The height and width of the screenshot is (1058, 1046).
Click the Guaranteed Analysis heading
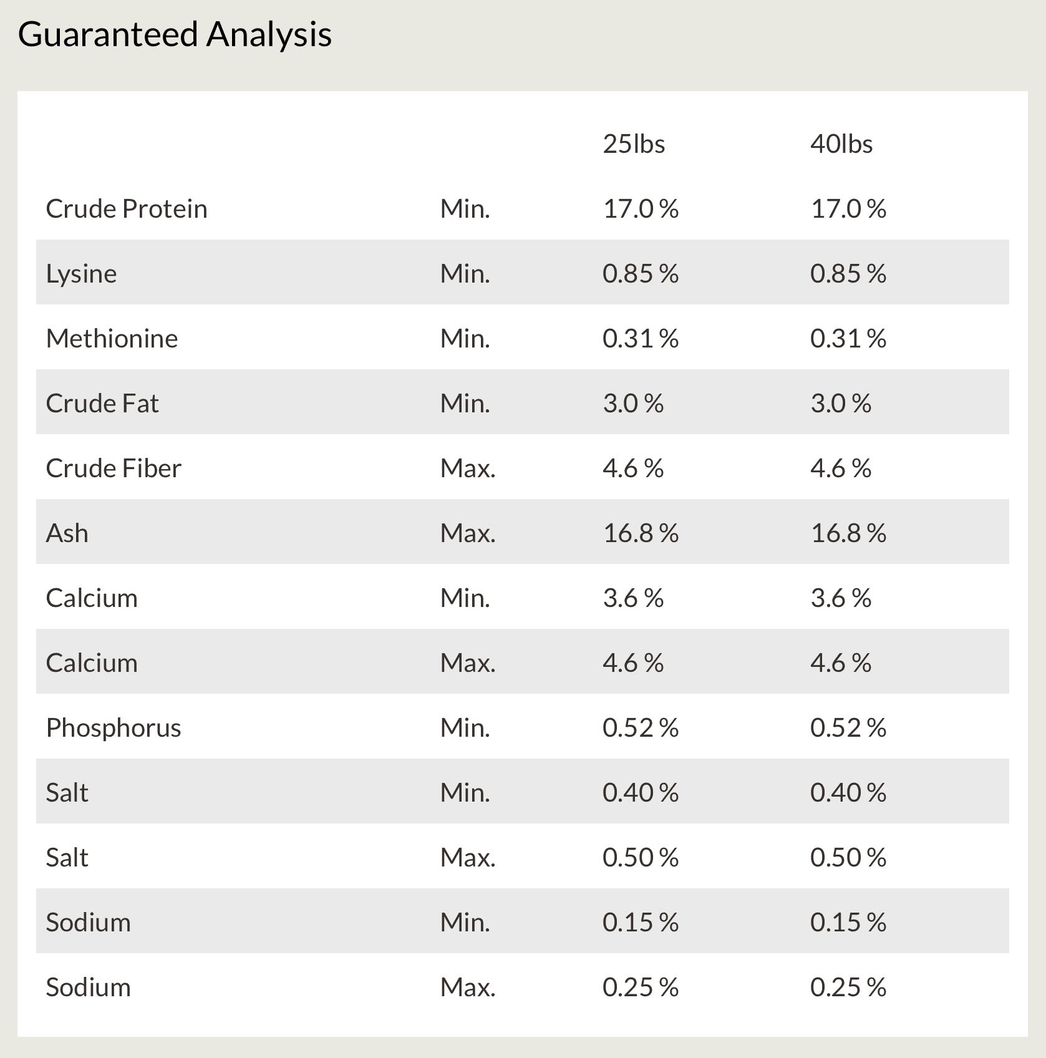pyautogui.click(x=175, y=35)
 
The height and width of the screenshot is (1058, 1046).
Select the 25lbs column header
pyautogui.click(x=634, y=144)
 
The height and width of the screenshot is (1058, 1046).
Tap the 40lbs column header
pyautogui.click(x=841, y=144)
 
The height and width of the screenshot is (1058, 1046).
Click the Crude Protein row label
pyautogui.click(x=127, y=209)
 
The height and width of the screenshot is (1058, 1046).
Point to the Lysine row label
pyautogui.click(x=81, y=274)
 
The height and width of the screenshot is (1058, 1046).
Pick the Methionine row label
pyautogui.click(x=112, y=339)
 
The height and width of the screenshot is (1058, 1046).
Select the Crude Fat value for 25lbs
pyautogui.click(x=633, y=404)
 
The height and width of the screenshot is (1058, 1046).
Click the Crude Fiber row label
pyautogui.click(x=114, y=468)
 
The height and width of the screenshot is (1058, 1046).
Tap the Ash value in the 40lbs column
pyautogui.click(x=848, y=533)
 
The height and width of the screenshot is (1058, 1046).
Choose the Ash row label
pyautogui.click(x=67, y=533)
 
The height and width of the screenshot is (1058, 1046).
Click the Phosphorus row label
pyautogui.click(x=114, y=728)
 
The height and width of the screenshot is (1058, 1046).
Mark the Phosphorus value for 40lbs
pyautogui.click(x=848, y=728)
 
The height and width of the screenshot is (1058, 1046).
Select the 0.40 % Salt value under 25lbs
pyautogui.click(x=641, y=793)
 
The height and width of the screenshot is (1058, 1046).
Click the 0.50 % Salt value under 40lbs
pyautogui.click(x=848, y=858)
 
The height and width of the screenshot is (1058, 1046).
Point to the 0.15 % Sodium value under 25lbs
pyautogui.click(x=641, y=923)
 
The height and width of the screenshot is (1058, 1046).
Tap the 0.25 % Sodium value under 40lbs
pyautogui.click(x=848, y=988)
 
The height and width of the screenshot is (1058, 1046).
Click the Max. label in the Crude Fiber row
pyautogui.click(x=468, y=468)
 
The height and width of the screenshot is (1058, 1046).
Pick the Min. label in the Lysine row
pyautogui.click(x=465, y=274)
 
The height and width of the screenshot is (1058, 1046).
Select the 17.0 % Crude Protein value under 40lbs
pyautogui.click(x=848, y=209)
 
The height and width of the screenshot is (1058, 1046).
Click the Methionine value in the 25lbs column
pyautogui.click(x=641, y=339)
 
